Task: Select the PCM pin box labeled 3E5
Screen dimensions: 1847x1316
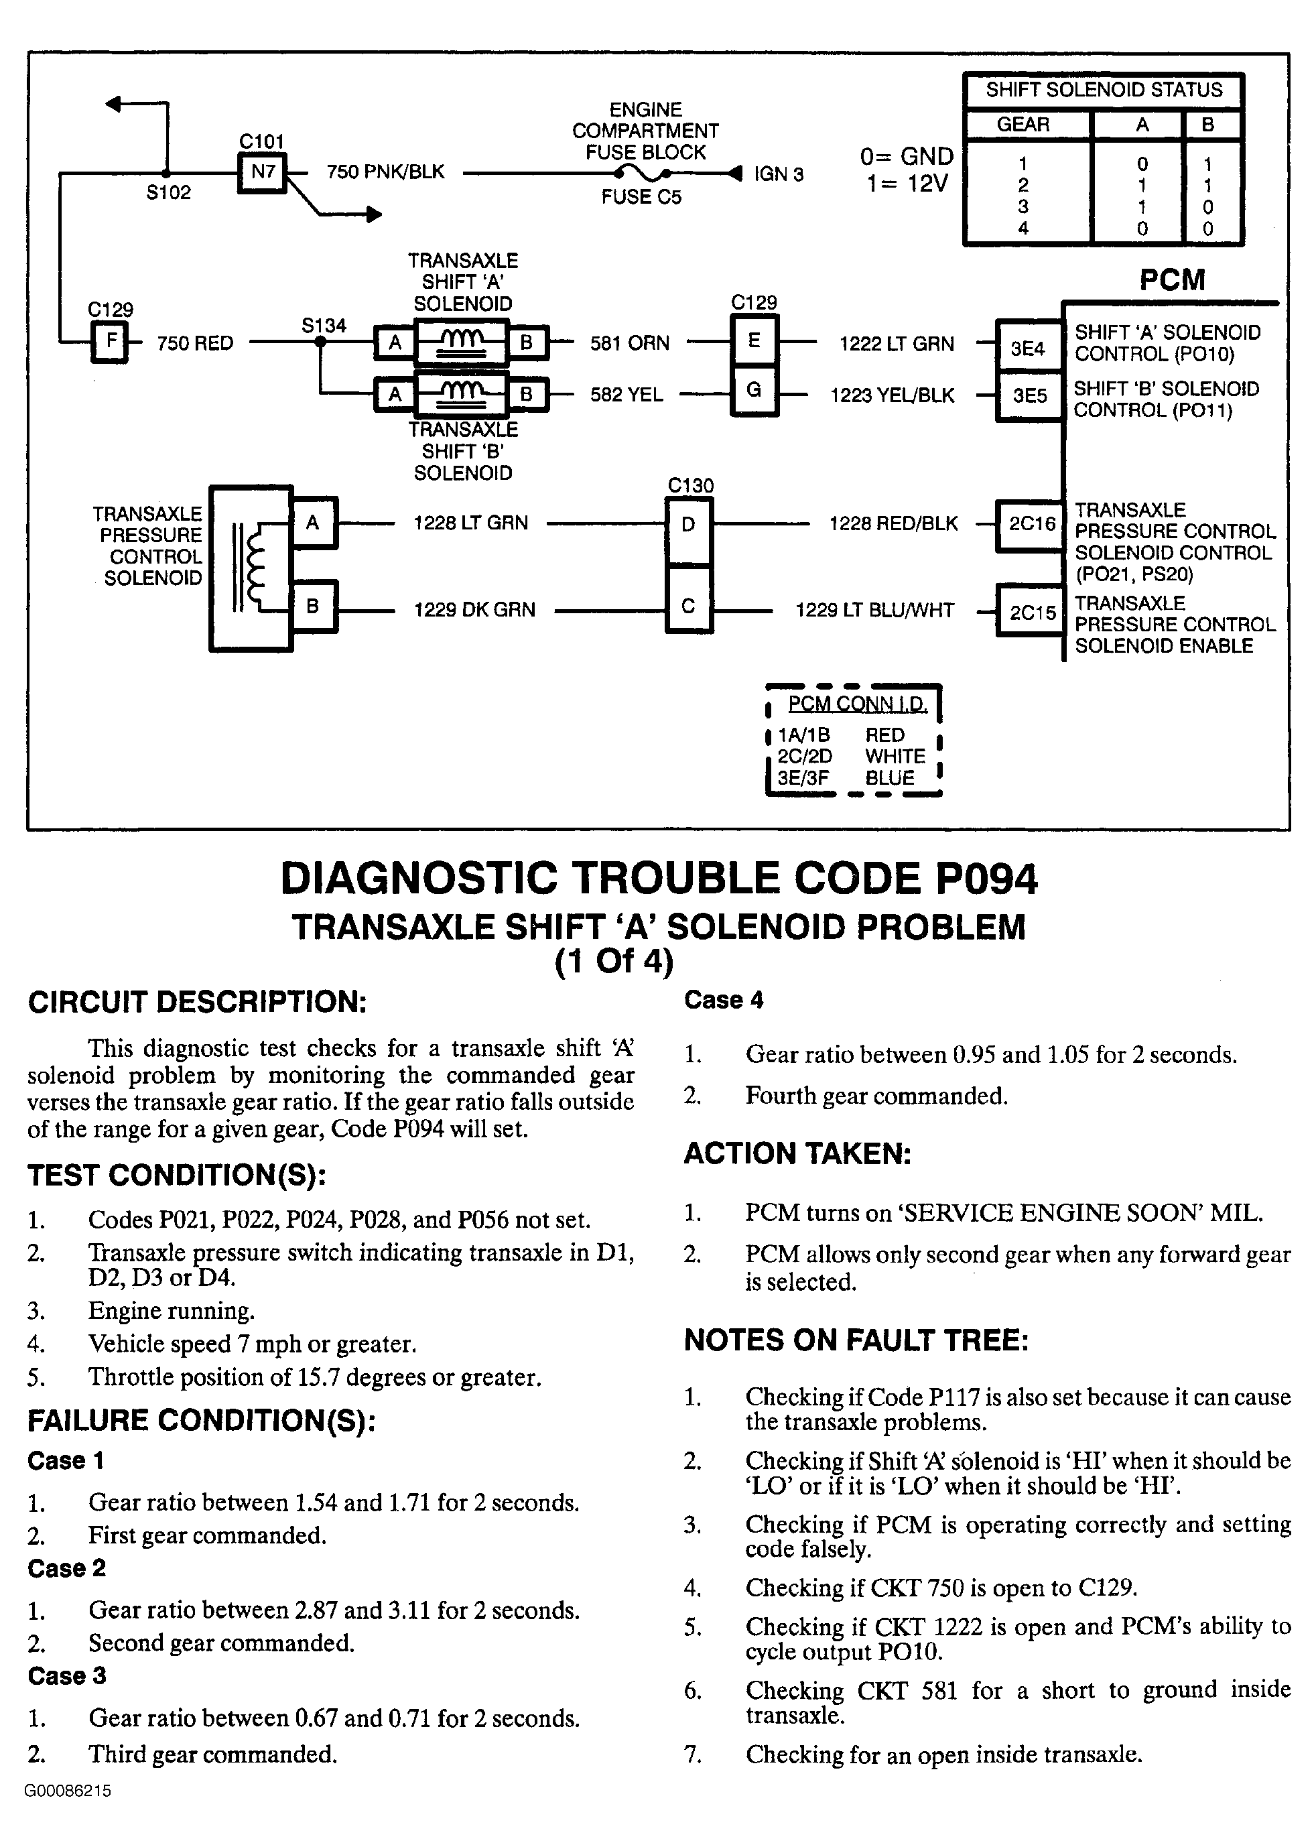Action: tap(1029, 395)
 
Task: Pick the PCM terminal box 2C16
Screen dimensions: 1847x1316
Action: tap(1031, 524)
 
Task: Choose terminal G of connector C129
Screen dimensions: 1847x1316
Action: tap(754, 391)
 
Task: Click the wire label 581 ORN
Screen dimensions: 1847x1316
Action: tap(630, 344)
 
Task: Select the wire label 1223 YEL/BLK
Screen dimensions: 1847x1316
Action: tap(893, 395)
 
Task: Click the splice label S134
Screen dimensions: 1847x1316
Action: tap(324, 326)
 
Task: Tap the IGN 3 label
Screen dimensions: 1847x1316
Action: tap(778, 174)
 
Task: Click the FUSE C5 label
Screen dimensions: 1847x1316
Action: tap(641, 197)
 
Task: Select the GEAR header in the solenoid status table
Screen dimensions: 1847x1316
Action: tap(1023, 125)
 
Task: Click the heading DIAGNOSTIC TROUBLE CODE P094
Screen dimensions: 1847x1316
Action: tap(658, 879)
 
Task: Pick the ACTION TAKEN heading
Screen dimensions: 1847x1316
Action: tap(797, 1153)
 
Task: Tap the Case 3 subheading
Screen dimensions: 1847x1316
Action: tap(66, 1675)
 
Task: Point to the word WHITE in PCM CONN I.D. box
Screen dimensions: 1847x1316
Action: tap(895, 756)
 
